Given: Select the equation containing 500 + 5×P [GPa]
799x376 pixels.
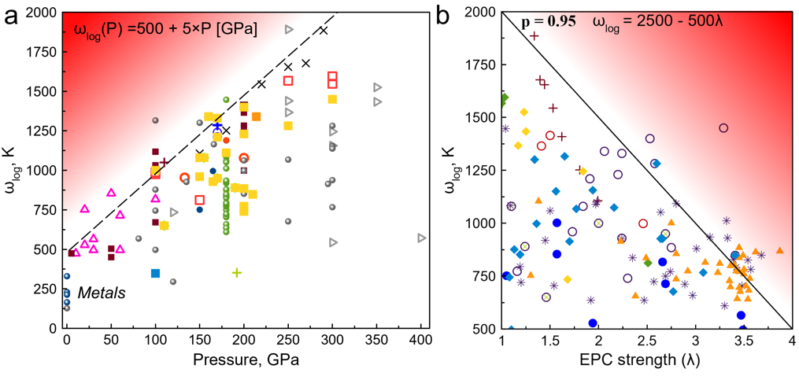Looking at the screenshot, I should point(165,31).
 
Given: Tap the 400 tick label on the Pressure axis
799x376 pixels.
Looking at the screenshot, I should point(421,342).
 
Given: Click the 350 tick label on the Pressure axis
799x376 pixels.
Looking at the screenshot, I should point(377,342).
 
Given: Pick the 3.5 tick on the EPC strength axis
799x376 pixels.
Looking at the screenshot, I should point(742,342).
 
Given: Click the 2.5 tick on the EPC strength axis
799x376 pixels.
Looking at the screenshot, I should point(645,342).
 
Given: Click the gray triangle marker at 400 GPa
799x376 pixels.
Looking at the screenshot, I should point(422,238).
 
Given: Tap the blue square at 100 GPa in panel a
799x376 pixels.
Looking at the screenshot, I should point(156,273).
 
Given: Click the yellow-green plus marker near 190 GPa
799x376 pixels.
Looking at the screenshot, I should point(236,272).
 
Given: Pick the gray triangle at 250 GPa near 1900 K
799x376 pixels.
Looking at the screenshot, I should point(289,29).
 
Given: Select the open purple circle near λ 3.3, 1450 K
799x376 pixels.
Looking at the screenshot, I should point(724,127).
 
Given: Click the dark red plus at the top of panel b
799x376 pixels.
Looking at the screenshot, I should point(535,35).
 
